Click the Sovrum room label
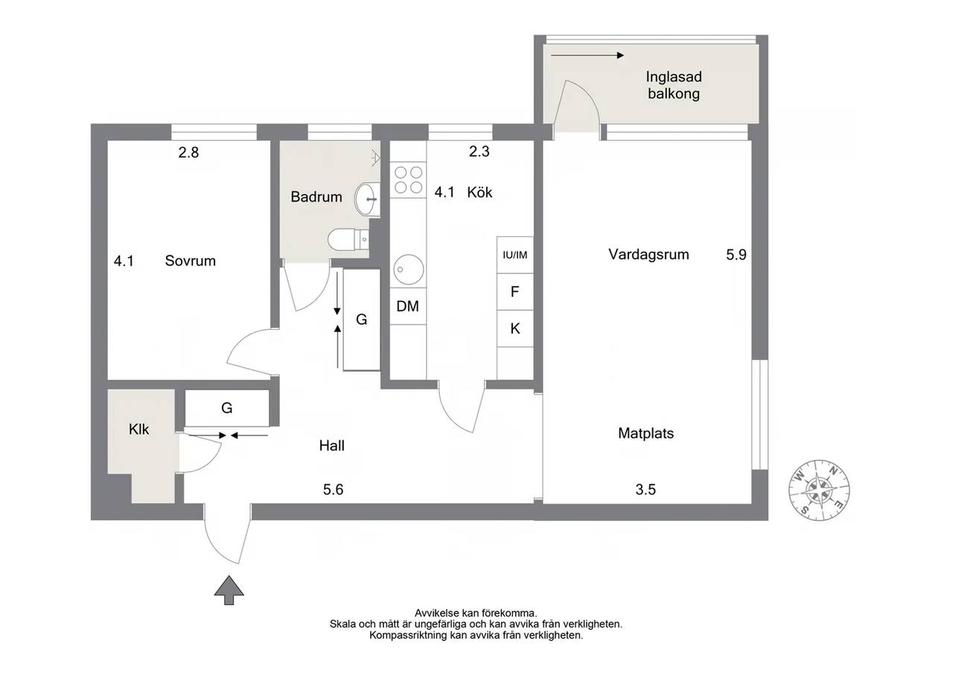[190, 261]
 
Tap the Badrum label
[316, 197]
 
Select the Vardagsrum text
[648, 255]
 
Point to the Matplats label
[646, 433]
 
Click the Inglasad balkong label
[674, 85]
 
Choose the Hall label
[332, 446]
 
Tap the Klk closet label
[138, 430]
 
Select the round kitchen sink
[409, 269]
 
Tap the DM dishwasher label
[407, 306]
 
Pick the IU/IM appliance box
[515, 255]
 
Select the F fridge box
[515, 292]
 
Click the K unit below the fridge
[515, 328]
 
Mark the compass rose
[820, 490]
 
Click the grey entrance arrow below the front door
[229, 590]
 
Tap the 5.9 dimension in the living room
[736, 255]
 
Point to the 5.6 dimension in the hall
[333, 490]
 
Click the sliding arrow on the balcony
[587, 55]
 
